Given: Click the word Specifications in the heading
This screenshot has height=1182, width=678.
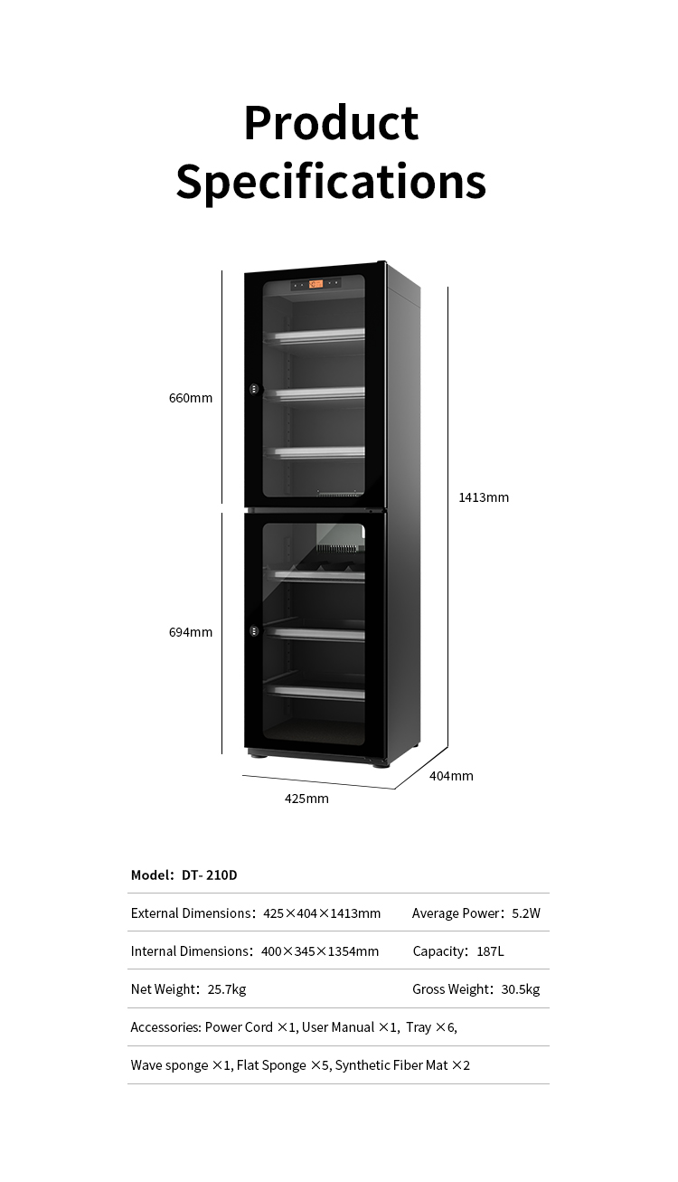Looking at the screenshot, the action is point(331,181).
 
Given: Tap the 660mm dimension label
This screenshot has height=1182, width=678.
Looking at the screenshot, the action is point(191,398).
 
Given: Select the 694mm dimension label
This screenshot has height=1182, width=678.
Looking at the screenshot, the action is point(191,632).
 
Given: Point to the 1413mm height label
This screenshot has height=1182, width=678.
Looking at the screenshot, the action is point(484,497).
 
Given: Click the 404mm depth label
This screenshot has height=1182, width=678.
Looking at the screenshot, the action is point(451,776).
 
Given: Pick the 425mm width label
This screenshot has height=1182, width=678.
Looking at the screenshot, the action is point(306,799).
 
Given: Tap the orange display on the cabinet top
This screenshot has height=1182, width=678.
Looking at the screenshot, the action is point(315,284).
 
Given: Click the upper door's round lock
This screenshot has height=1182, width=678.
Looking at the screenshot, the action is point(254,390).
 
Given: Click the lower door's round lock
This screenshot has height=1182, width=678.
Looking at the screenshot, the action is point(254,631).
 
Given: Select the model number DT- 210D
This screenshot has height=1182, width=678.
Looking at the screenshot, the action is point(210,875).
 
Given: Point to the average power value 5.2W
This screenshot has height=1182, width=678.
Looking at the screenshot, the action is point(526,913).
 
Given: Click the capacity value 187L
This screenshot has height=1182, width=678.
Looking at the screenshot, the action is point(490,951).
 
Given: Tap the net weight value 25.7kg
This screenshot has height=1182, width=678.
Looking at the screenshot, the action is point(227,989).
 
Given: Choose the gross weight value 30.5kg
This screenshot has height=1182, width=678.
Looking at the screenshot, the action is point(520,989).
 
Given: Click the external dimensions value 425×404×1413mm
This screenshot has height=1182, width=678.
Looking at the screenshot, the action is point(322,913).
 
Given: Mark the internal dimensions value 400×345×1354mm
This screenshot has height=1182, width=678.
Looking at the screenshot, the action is point(320,951).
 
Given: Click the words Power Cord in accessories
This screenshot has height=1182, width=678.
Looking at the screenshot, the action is point(239,1027).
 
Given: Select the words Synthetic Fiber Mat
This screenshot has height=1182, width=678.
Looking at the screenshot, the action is point(391,1065).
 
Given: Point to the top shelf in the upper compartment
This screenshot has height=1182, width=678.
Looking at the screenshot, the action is point(315,335).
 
